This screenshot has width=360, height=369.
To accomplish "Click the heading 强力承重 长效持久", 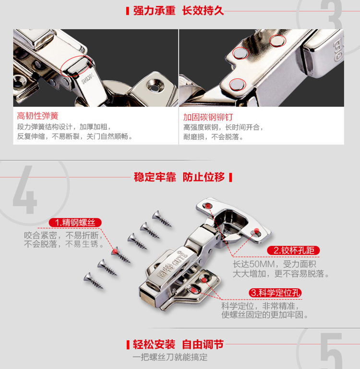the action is point(179,11).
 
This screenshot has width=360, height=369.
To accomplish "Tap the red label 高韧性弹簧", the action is point(37,116).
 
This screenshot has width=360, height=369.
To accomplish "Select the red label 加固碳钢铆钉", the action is point(208,117).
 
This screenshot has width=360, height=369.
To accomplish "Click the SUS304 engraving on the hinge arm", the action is point(88,79).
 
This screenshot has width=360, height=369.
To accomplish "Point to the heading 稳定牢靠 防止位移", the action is point(179,177).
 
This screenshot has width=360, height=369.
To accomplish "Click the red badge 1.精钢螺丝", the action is point(75,222).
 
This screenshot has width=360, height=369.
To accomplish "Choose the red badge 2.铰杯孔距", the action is point(293,250).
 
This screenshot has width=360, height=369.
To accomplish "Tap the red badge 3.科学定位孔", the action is point(276,293).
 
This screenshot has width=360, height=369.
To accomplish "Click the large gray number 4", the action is point(25,189).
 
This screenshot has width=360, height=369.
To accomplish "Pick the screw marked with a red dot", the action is point(120,255).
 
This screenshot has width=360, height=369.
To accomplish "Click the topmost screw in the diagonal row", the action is point(162,219).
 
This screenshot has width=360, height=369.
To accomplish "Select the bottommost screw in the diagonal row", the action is point(93,281).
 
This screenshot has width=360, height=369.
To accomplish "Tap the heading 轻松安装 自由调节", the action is point(178,344).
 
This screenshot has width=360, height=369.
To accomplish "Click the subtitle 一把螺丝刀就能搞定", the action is point(170,357).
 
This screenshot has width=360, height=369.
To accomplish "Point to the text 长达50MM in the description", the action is point(254,264).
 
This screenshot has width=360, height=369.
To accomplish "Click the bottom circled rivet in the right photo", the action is point(237,85).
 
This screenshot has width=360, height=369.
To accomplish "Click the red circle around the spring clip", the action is point(76,66).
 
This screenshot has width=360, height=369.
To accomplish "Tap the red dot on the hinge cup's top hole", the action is point(208,206).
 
